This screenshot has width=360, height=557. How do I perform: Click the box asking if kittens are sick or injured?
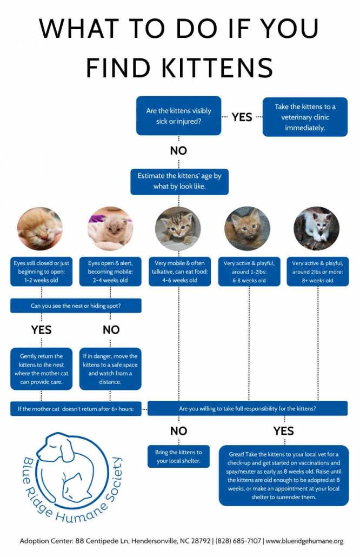click(178, 116)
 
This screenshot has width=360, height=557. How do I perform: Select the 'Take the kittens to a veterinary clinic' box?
click(305, 117)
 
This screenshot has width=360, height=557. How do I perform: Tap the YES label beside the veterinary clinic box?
click(242, 117)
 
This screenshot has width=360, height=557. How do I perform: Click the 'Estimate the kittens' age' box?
click(179, 181)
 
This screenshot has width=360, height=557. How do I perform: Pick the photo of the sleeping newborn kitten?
click(40, 229)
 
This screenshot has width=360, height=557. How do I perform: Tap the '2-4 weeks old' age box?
click(110, 271)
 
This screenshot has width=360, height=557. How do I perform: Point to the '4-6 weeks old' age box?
click(178, 271)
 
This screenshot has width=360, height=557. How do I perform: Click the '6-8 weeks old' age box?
click(248, 271)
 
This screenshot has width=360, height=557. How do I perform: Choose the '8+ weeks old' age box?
click(317, 271)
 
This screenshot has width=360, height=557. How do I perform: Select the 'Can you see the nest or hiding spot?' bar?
click(76, 306)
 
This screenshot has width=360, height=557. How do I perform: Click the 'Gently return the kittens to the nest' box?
click(41, 369)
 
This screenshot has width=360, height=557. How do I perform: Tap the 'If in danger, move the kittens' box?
click(110, 369)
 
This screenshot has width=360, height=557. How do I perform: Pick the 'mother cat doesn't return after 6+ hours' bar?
click(76, 408)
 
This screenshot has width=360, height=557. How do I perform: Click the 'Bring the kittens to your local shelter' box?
click(178, 456)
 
